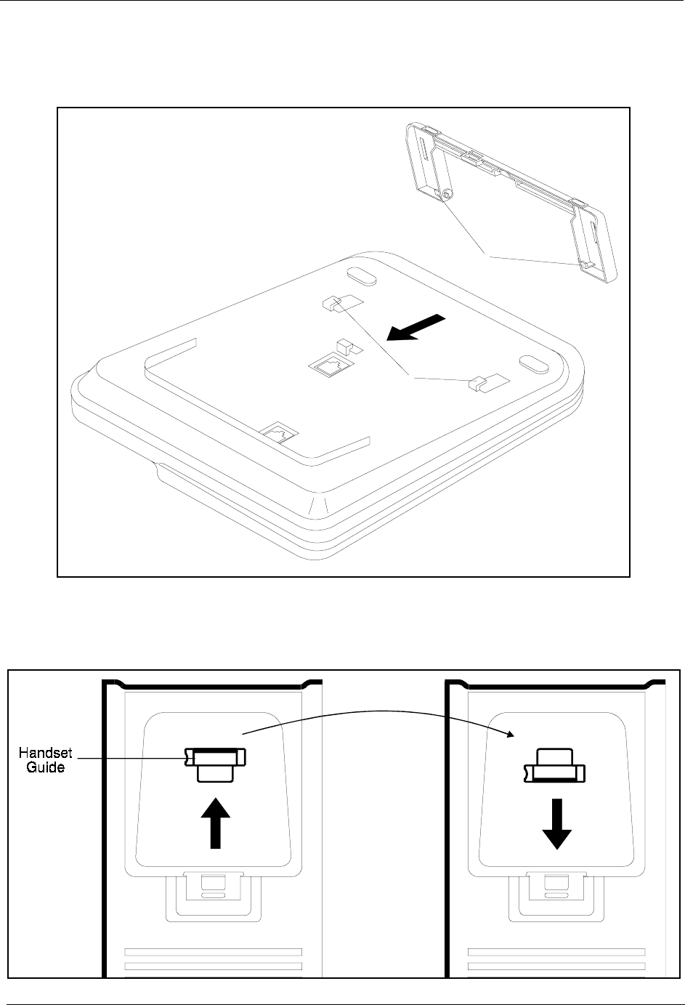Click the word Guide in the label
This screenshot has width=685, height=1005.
point(46,767)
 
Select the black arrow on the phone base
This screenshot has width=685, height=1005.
point(415,327)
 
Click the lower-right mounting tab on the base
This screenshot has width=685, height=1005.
point(479,382)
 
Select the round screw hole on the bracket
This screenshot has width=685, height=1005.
point(447,194)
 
